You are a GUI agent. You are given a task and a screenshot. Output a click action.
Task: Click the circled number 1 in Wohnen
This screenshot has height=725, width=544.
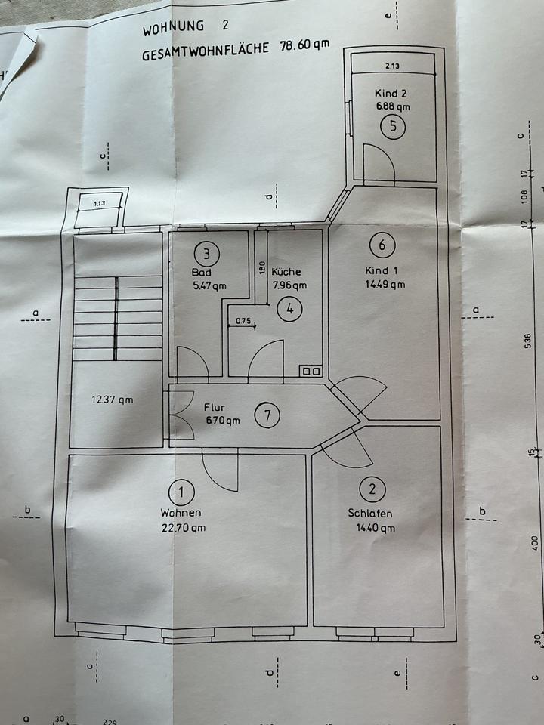(x=181, y=494)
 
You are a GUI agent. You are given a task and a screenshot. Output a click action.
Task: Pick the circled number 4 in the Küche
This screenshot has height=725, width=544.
(x=288, y=308)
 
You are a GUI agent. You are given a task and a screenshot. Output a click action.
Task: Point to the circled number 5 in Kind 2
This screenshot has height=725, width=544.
(x=392, y=126)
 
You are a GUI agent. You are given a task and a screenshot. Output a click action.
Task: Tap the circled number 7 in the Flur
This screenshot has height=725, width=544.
(x=267, y=415)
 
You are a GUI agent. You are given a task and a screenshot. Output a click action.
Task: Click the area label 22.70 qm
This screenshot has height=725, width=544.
(x=182, y=528)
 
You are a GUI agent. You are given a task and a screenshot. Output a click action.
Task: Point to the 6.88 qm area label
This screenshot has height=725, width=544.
(x=393, y=106)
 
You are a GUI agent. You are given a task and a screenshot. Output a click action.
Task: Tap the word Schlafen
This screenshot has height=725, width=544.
(x=370, y=514)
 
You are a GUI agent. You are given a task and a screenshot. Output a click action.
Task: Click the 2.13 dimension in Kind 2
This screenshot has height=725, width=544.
(x=391, y=66)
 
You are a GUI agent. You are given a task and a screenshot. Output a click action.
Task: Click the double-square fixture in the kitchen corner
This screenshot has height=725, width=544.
(x=311, y=371)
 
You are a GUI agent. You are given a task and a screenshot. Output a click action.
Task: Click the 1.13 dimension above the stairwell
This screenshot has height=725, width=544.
(x=99, y=203)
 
